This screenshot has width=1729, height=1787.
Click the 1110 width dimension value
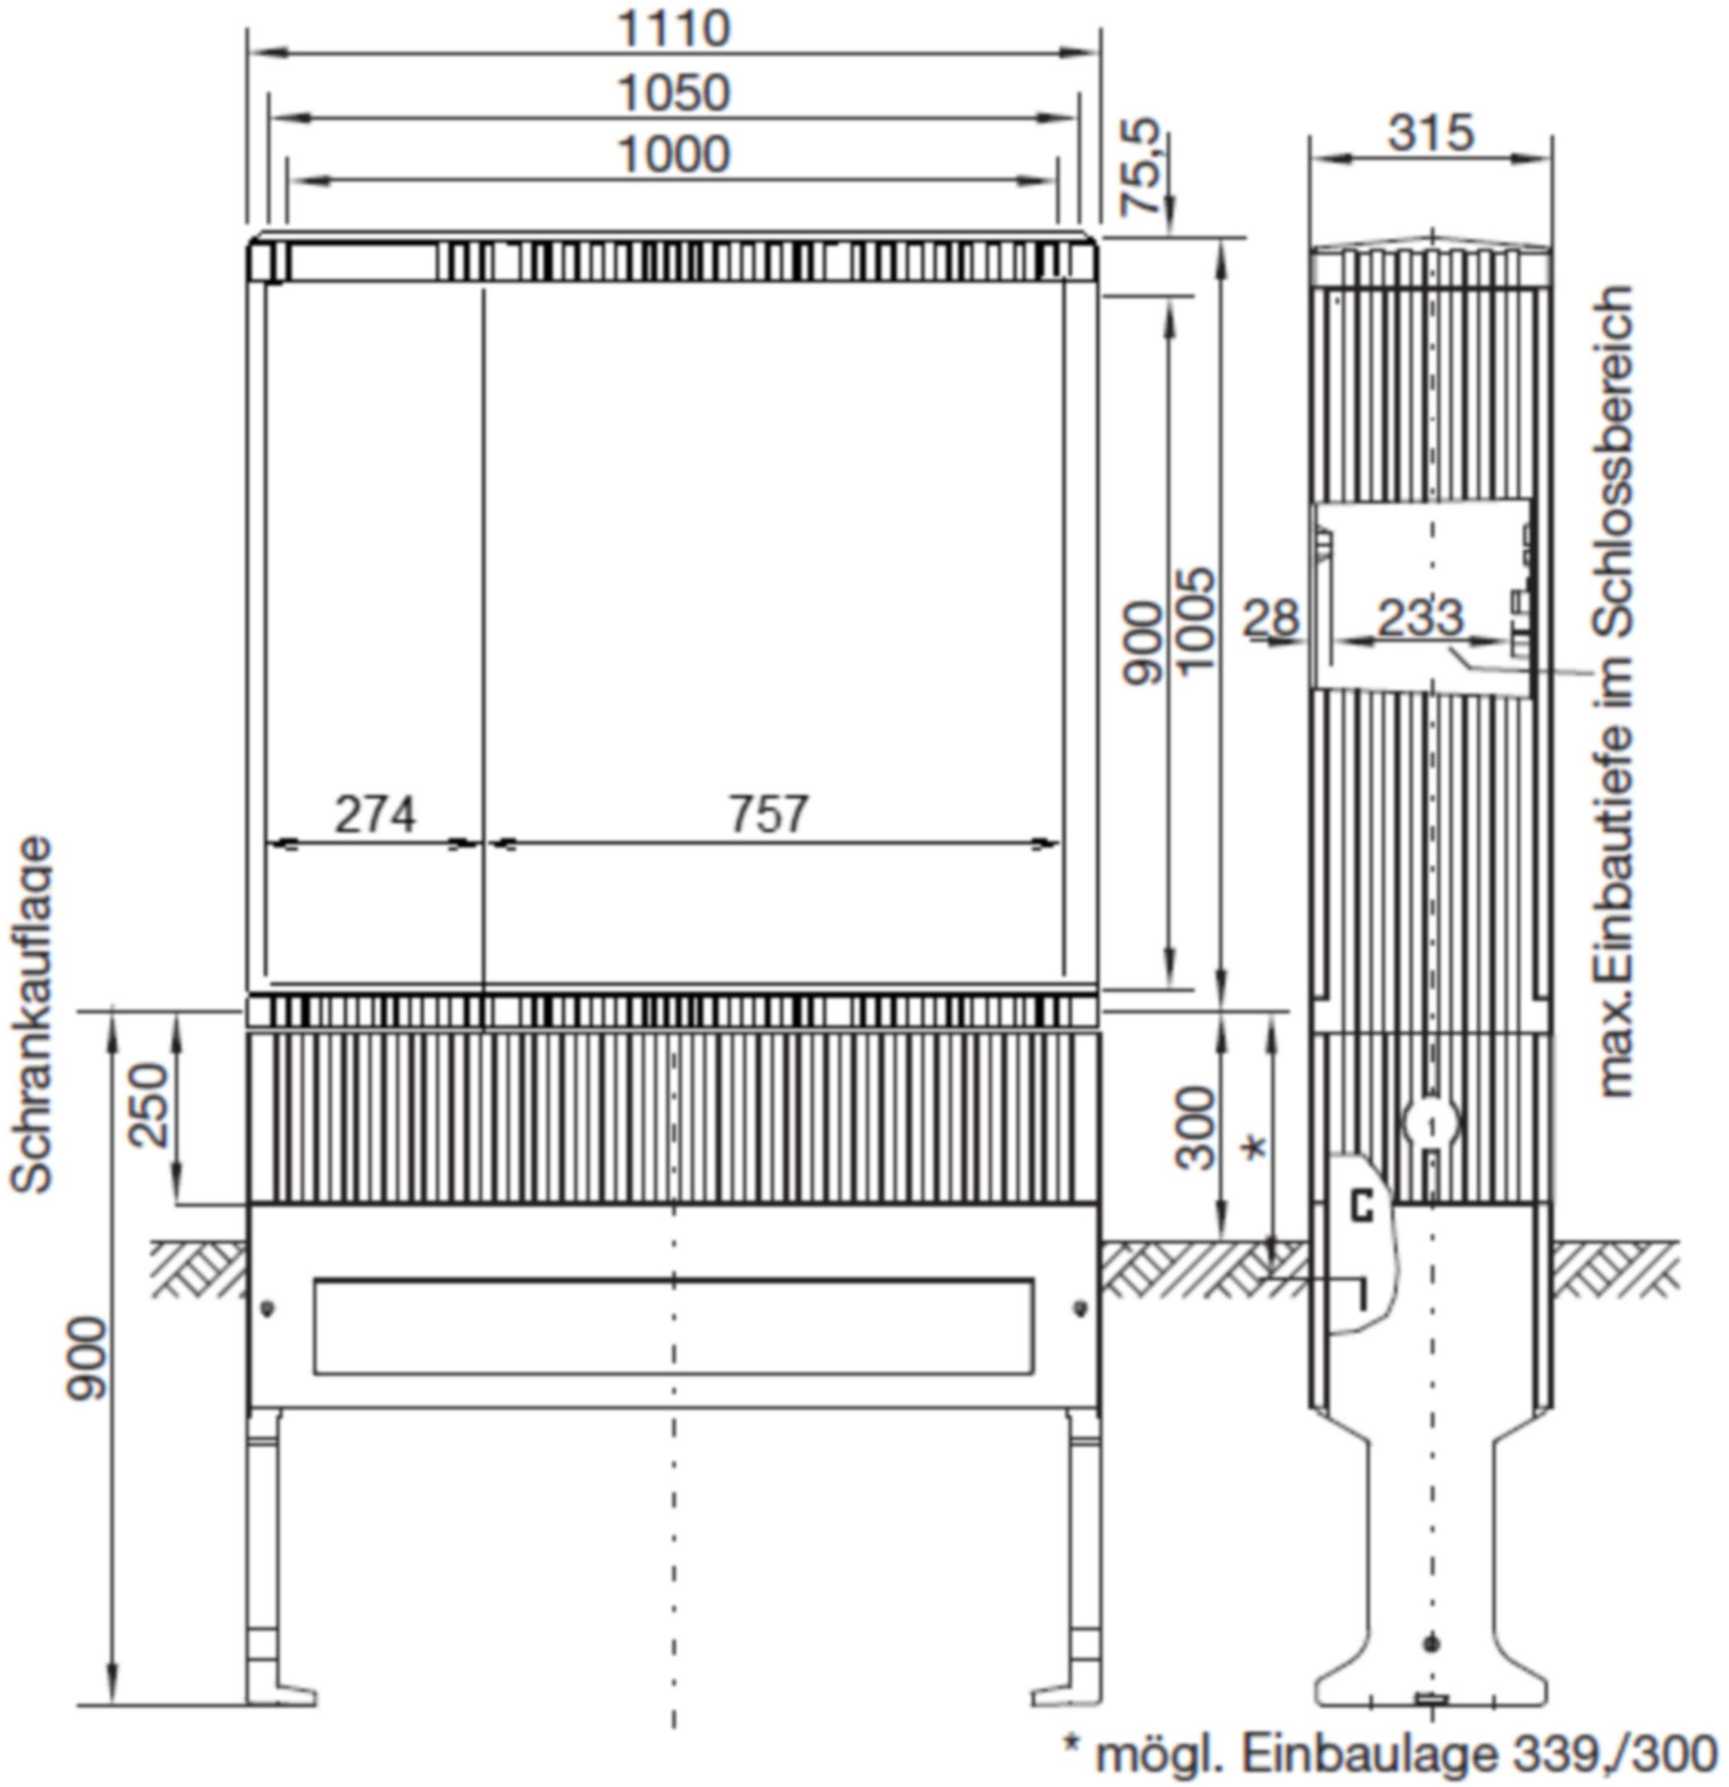(674, 28)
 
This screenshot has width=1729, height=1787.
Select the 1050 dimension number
(674, 93)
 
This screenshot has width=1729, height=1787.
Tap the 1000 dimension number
(674, 154)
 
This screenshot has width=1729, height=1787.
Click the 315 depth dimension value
(1430, 132)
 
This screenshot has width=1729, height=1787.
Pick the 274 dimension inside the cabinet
(375, 814)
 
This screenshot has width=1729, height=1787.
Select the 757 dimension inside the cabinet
(768, 814)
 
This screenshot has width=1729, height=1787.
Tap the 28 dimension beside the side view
(1270, 619)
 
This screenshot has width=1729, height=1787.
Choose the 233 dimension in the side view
(1419, 617)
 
